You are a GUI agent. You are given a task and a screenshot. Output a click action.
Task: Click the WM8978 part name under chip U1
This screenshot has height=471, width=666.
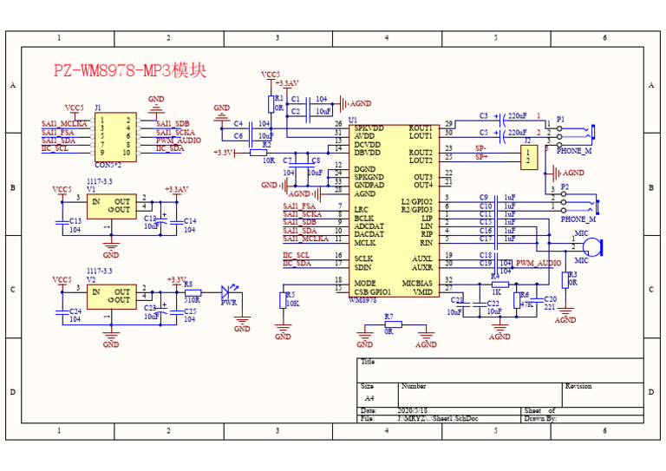point(363,300)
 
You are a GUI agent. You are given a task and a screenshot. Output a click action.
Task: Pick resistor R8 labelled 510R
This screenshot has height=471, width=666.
point(192,292)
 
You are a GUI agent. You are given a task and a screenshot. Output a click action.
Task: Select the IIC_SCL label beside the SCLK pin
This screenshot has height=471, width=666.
point(297,255)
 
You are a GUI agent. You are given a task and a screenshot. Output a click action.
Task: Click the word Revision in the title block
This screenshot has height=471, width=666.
point(578,386)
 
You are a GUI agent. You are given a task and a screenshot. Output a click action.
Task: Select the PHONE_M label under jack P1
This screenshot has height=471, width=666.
point(573,151)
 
